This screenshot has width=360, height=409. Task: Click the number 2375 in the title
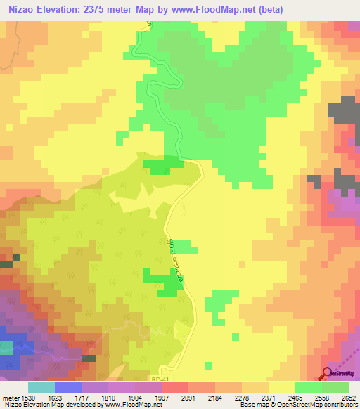pos(101,9)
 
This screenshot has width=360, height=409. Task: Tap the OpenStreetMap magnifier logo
pos(327,375)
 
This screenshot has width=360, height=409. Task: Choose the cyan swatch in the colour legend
pos(41,387)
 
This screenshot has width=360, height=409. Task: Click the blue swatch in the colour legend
pos(68,387)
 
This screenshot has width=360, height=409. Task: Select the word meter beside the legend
pos(11,397)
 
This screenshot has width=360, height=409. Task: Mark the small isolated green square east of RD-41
pos(208,364)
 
